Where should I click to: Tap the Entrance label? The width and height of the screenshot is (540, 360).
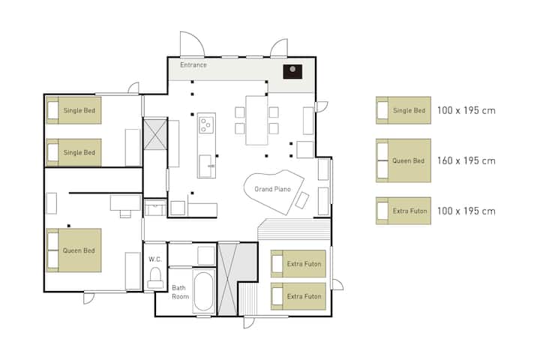pos(193,64)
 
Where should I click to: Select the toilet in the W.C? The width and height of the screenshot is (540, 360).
pos(155,278)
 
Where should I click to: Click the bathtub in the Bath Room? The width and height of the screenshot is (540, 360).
pos(203,291)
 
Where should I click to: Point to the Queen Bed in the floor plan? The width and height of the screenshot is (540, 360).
pos(73,250)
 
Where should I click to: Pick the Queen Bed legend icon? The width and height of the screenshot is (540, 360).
pos(403,160)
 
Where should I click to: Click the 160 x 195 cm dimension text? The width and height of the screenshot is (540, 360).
pos(466,161)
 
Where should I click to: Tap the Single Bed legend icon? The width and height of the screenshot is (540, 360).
pos(403,110)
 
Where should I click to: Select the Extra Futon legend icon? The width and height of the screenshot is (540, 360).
pos(403,211)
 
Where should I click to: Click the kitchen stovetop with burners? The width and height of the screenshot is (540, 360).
pos(207,125)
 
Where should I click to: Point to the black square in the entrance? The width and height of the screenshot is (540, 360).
pos(292,71)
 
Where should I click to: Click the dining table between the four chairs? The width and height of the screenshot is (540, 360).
pos(256,120)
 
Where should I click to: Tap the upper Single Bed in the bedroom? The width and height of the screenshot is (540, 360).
pos(73,110)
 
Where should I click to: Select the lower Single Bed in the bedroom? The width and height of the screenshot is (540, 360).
pos(73,152)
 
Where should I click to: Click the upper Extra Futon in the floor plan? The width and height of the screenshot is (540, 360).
pos(298,264)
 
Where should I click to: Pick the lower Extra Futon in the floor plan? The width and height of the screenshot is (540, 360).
pos(298,296)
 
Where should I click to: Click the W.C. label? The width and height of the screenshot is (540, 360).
pos(155,259)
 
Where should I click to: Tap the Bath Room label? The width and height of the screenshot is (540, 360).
pos(180,292)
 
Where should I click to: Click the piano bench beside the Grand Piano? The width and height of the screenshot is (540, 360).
pos(302,200)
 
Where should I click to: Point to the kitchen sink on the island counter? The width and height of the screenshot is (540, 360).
pos(205,166)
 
